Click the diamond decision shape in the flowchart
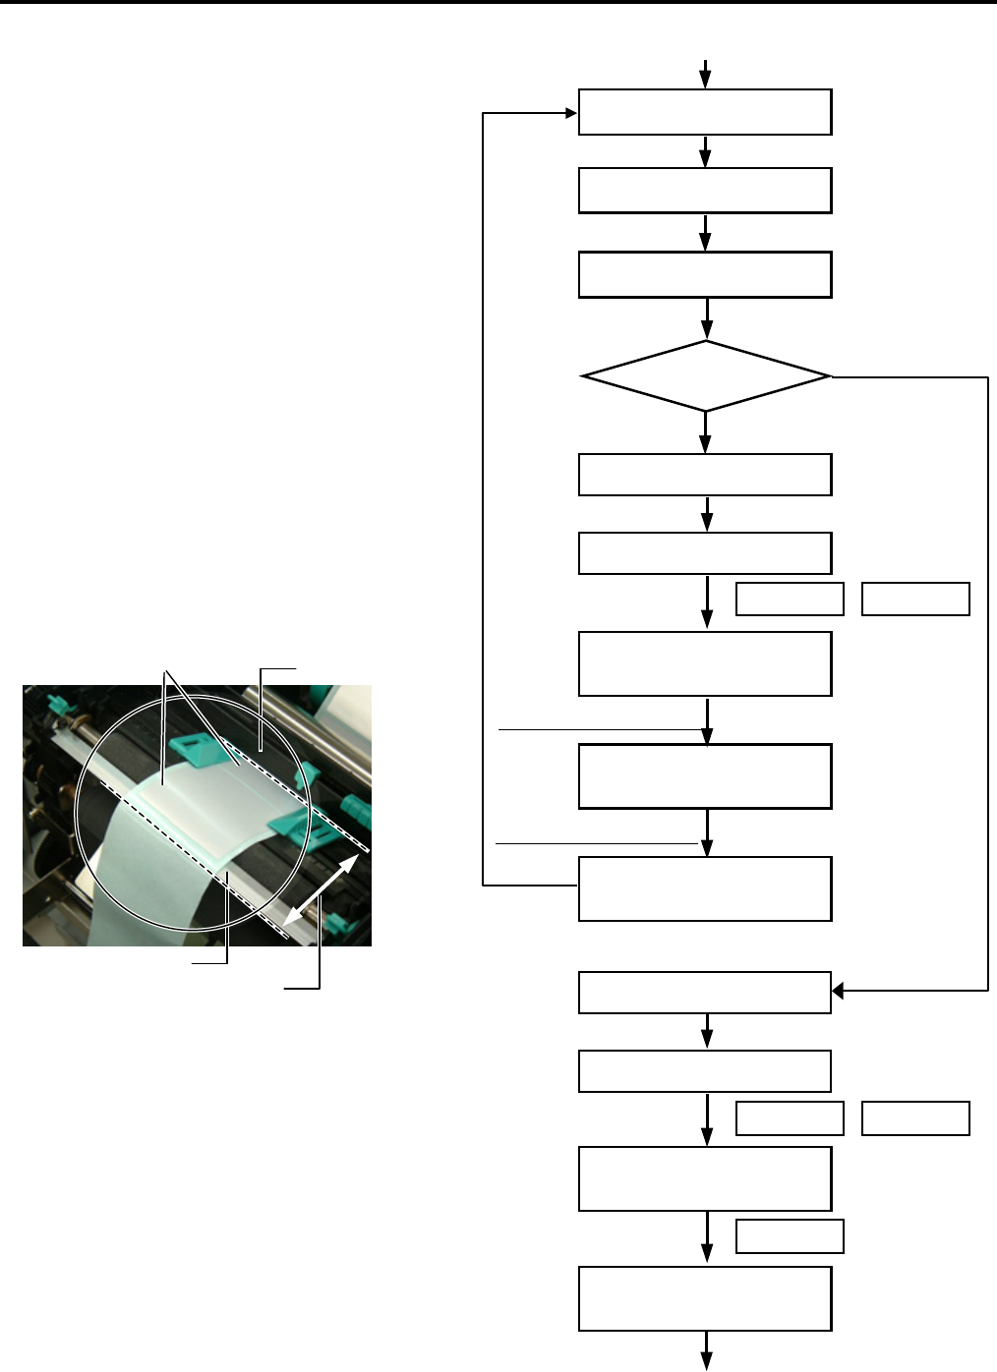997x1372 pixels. tap(705, 376)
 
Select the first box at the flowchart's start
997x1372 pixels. tap(705, 112)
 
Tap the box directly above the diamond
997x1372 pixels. tap(705, 274)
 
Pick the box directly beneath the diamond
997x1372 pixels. tap(705, 475)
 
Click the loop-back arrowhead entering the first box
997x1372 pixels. tap(571, 113)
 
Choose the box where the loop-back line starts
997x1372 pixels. tap(705, 888)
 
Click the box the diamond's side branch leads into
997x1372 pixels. tap(705, 993)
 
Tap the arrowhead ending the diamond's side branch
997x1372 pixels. tap(838, 992)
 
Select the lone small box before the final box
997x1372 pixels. tap(790, 1236)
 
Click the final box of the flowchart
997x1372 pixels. tap(705, 1298)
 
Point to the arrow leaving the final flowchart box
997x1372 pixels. tap(706, 1354)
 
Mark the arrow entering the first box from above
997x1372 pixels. tap(706, 75)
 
